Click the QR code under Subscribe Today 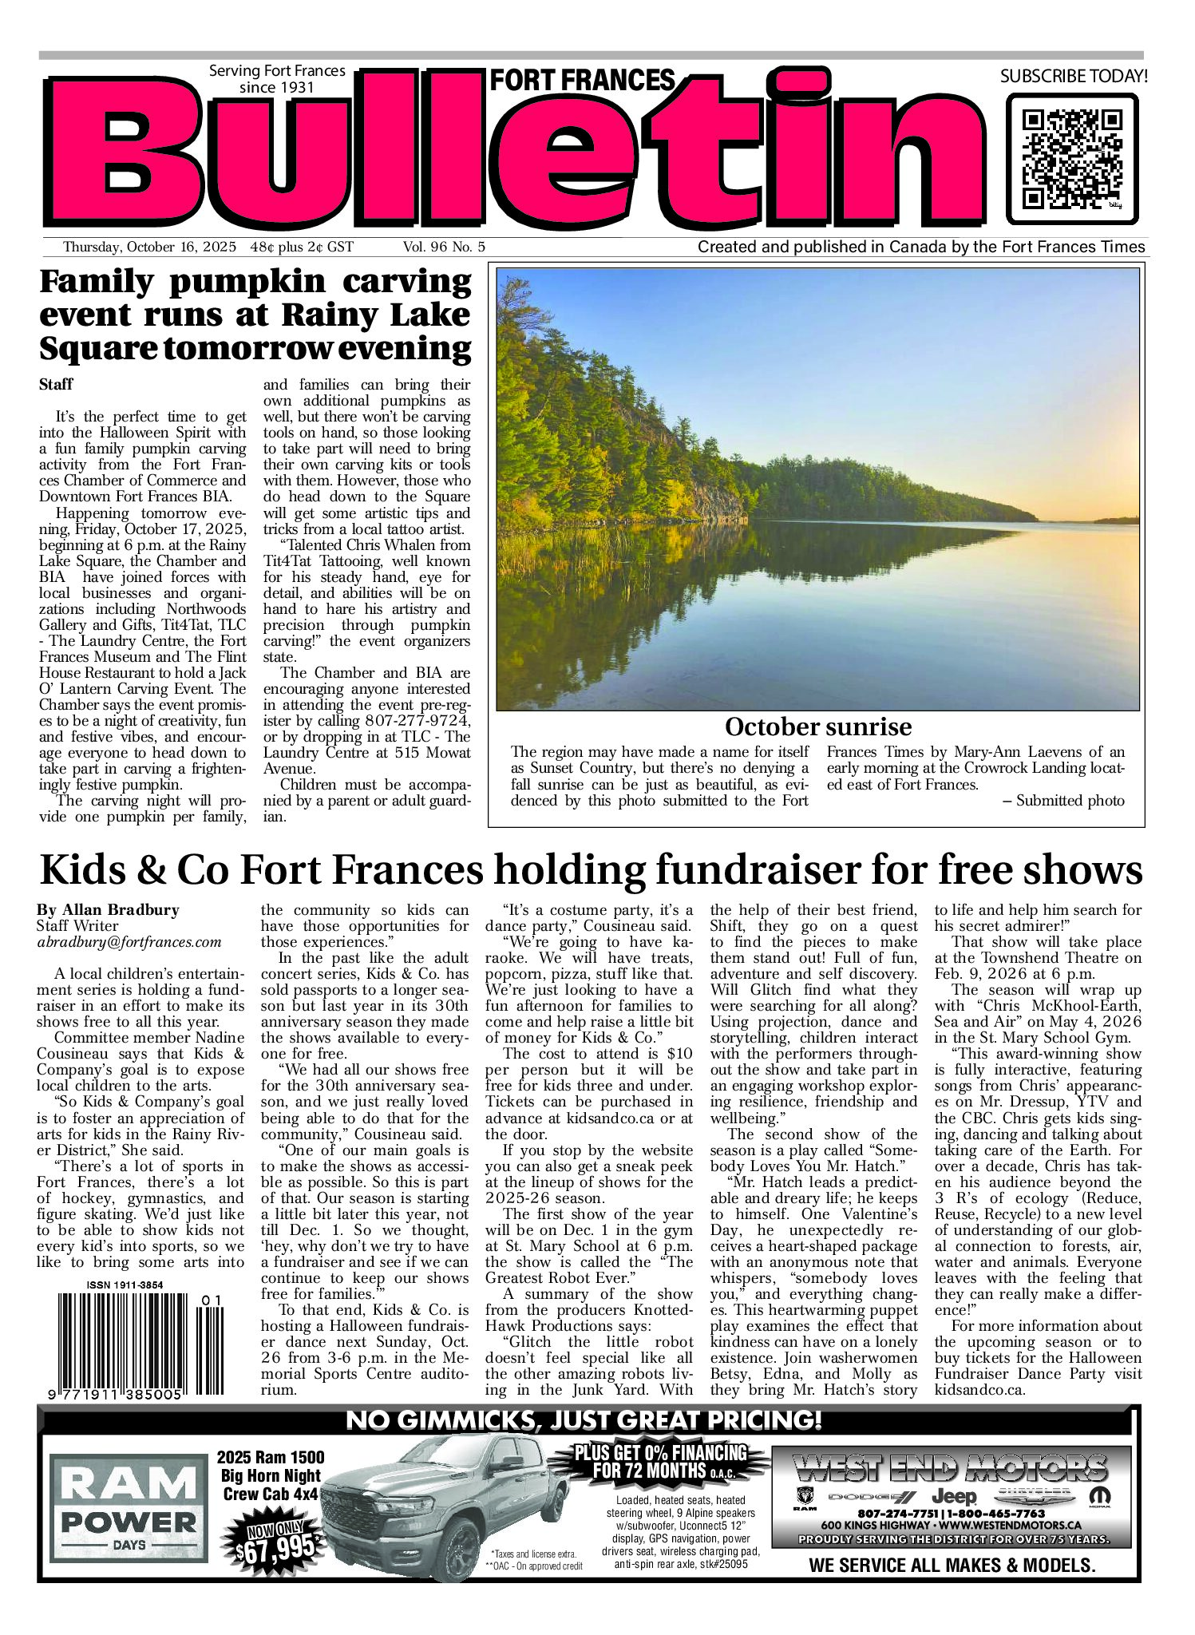(1072, 159)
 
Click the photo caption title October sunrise (817, 727)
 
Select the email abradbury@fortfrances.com (129, 942)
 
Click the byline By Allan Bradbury (108, 910)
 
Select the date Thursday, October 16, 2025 (149, 247)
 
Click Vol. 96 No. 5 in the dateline (444, 247)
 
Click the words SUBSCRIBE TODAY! (1074, 77)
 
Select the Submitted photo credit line (1070, 801)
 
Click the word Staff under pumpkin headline (56, 385)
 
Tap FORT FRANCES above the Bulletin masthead (582, 81)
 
